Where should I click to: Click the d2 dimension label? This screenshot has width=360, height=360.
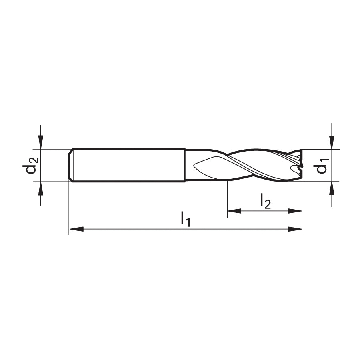point(30,165)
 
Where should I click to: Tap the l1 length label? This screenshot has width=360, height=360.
point(186,219)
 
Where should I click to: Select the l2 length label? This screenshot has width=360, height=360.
point(266,201)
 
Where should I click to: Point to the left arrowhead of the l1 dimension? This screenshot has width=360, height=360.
point(76,229)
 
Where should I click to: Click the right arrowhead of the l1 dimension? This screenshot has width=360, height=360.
point(295,229)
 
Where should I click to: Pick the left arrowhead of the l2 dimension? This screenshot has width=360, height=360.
point(234,211)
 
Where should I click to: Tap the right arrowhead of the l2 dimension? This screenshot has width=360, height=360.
point(295,211)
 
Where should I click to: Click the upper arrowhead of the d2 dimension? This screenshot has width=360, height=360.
point(41,142)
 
